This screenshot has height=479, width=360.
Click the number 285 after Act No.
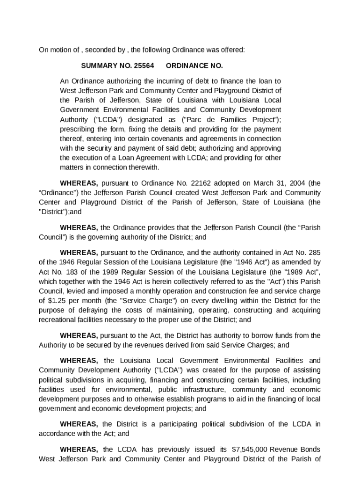pos(313,252)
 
